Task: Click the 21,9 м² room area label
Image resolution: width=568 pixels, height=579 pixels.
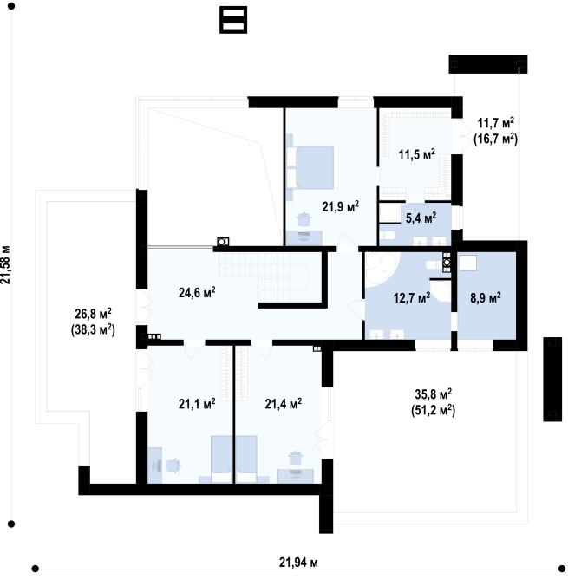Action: [340, 207]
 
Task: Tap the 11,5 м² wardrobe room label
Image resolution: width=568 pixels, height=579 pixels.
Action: [416, 154]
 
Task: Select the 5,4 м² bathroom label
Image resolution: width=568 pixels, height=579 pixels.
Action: [421, 218]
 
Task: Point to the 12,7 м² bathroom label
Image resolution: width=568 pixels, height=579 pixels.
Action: [412, 297]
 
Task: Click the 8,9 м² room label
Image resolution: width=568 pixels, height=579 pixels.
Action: [486, 297]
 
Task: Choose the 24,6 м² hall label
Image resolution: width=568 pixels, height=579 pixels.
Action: [197, 292]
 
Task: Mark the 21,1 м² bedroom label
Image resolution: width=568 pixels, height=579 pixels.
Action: [197, 404]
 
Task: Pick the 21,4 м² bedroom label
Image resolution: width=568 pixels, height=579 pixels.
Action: [283, 404]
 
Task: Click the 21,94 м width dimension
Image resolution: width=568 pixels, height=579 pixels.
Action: [298, 563]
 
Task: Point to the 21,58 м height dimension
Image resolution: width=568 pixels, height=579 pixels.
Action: [5, 264]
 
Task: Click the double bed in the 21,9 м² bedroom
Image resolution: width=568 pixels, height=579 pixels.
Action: [310, 167]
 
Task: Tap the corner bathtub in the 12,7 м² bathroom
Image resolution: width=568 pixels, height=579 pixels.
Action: [381, 269]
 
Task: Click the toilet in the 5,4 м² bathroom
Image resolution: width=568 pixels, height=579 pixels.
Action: [388, 235]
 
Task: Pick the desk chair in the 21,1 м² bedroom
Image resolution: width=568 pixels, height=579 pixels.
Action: [173, 465]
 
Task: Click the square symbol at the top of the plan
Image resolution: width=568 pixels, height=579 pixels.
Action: [233, 20]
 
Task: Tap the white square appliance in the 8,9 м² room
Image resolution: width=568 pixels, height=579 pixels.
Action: [468, 263]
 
